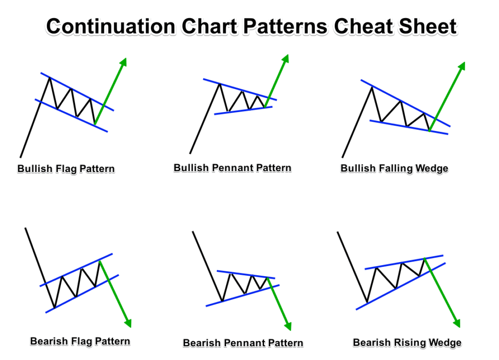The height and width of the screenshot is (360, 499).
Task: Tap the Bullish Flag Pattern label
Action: tap(66, 169)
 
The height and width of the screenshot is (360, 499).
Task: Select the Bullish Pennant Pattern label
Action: tap(232, 168)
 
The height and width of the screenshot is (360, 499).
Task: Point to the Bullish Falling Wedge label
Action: tap(394, 169)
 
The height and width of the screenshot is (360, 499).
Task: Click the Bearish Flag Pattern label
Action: tap(80, 341)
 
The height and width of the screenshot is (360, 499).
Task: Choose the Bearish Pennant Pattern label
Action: tap(243, 343)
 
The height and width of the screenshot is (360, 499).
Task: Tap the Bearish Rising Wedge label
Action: tap(407, 343)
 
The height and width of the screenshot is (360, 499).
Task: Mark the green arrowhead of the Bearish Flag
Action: tap(128, 322)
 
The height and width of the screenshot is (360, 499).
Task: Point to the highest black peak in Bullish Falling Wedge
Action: tap(372, 87)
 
